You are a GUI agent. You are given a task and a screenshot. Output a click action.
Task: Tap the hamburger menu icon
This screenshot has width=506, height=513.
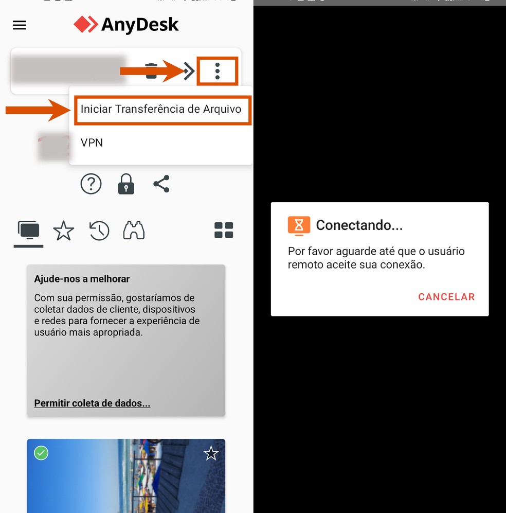(20, 25)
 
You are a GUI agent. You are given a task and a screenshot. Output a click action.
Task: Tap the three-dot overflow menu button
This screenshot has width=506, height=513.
(218, 71)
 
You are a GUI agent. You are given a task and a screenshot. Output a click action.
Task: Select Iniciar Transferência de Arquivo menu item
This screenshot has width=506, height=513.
(161, 109)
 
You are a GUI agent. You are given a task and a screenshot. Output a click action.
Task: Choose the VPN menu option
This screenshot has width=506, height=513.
(92, 143)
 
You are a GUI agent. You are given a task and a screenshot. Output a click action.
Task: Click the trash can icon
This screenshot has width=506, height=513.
(151, 71)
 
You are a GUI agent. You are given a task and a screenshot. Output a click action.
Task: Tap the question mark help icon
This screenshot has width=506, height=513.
(91, 184)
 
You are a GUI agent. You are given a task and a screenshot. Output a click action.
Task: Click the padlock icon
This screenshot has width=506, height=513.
(126, 184)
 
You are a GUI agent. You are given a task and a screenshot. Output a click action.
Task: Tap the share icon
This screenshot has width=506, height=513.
(161, 184)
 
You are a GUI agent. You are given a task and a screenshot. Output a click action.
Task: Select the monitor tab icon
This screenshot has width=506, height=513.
(29, 231)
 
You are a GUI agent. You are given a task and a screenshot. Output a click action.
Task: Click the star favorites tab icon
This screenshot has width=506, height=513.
(64, 231)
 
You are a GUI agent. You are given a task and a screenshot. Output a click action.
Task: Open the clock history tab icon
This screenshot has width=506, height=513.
(99, 231)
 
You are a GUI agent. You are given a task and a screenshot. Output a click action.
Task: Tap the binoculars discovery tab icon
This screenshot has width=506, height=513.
(134, 231)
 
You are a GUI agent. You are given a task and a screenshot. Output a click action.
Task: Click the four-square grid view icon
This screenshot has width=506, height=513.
(224, 231)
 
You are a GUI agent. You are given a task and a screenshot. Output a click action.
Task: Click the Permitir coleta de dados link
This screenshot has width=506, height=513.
(92, 403)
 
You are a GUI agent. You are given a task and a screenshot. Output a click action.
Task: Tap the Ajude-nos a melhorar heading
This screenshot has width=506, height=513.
(82, 279)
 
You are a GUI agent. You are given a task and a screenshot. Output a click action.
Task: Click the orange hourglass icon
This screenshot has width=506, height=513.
(299, 225)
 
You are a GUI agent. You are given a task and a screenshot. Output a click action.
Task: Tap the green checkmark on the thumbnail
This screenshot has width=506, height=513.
(41, 453)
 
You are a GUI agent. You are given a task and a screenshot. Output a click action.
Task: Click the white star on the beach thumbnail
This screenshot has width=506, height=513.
(211, 453)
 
